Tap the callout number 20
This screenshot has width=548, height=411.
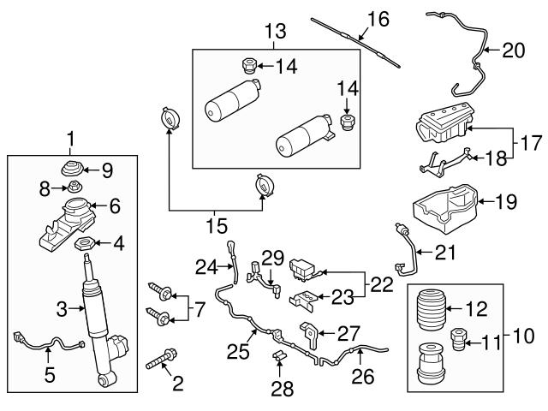coord(513,51)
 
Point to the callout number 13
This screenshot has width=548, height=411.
coord(274,33)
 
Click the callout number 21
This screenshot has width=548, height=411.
coord(445,253)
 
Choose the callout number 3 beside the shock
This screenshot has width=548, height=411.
coord(62,307)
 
